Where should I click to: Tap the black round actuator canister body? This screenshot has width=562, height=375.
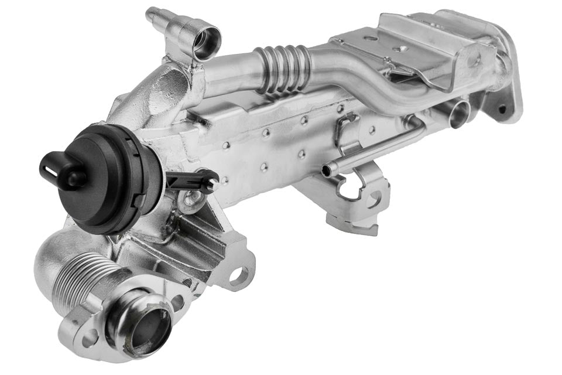[117, 182]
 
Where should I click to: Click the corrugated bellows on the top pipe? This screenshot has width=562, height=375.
[282, 69]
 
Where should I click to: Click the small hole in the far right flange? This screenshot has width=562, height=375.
[502, 109]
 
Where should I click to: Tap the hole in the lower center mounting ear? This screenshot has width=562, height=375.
[240, 275]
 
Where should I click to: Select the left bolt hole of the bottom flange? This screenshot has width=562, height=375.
[90, 339]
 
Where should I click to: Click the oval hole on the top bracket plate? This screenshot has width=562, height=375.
[371, 39]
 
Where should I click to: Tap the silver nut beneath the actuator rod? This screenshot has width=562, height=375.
[189, 203]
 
